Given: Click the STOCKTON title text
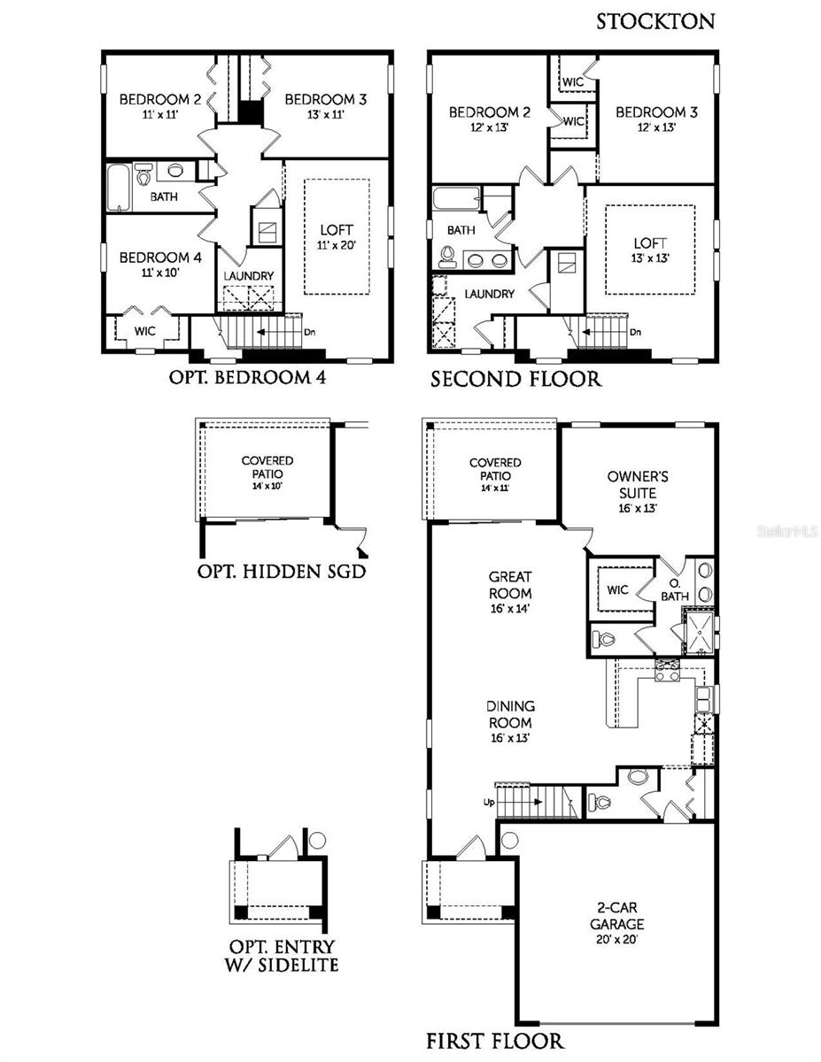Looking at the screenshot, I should [x=654, y=21].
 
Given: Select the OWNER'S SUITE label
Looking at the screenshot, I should [x=638, y=483].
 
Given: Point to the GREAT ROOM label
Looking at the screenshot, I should [x=509, y=585].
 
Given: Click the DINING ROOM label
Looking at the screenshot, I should [x=510, y=713].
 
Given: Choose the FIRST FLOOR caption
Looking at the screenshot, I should [x=494, y=1040].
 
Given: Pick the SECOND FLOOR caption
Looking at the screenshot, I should [x=515, y=380].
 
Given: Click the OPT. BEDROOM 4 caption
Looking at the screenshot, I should [x=247, y=377].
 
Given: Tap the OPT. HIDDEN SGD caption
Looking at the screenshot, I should [x=281, y=571].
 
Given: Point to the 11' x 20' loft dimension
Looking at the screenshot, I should [x=337, y=245].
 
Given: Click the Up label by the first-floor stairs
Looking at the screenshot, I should [x=487, y=802].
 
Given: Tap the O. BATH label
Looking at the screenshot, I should [x=674, y=590].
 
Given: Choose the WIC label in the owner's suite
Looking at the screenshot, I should [x=617, y=589].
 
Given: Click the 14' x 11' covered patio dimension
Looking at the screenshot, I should [x=495, y=488].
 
